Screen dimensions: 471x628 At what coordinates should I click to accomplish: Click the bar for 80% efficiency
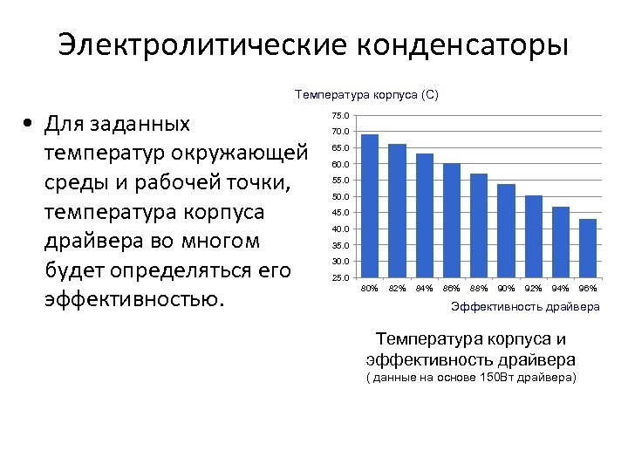point(370,207)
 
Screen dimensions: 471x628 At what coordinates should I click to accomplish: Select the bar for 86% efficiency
point(452,221)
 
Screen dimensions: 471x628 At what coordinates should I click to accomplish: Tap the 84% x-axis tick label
point(424,288)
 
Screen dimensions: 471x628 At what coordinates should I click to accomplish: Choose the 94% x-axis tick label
point(561,288)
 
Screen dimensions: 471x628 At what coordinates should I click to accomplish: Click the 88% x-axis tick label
point(479,288)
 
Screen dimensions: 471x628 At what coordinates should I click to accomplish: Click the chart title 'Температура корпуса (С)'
point(366,94)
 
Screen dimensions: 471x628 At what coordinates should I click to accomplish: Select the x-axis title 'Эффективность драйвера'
point(525,307)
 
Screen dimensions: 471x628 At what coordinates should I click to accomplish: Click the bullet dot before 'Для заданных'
point(29,124)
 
